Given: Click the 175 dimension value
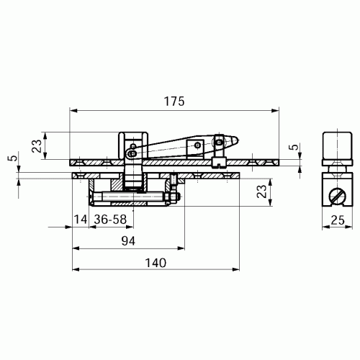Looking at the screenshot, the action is (174, 102).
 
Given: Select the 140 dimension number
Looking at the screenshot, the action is (156, 263).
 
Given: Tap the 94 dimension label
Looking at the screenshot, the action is (128, 241).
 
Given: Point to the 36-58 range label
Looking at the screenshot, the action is (110, 220).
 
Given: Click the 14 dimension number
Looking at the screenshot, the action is (81, 220).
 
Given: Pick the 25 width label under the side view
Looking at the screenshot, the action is (338, 220).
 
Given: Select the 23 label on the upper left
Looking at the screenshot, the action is (37, 146).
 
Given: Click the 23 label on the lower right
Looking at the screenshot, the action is (262, 192).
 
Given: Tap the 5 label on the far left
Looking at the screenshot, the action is (14, 158).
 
